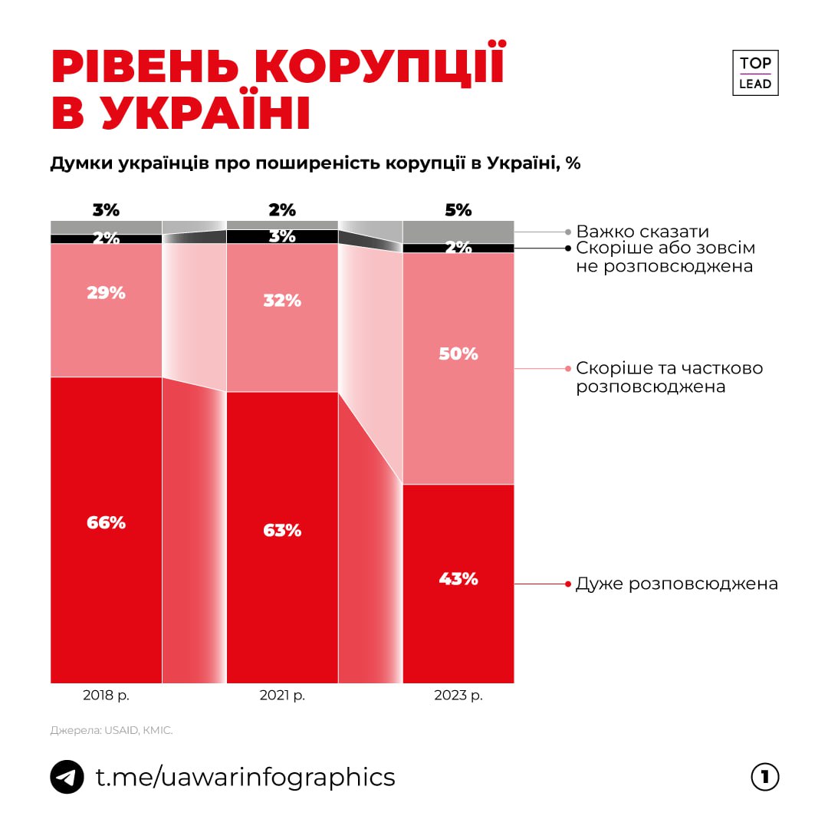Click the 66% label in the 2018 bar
106,523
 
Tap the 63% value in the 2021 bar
282,530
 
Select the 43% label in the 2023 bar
458,579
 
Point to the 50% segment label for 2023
458,354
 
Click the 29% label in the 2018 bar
106,293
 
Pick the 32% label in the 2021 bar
282,301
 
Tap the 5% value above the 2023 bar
458,209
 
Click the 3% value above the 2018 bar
106,209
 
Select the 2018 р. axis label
106,696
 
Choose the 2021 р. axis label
282,696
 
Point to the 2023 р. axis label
458,696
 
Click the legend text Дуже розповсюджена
676,584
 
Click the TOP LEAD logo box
755,73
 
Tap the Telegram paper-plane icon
67,777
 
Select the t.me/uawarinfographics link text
245,777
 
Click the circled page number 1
764,777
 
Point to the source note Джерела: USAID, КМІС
112,731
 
